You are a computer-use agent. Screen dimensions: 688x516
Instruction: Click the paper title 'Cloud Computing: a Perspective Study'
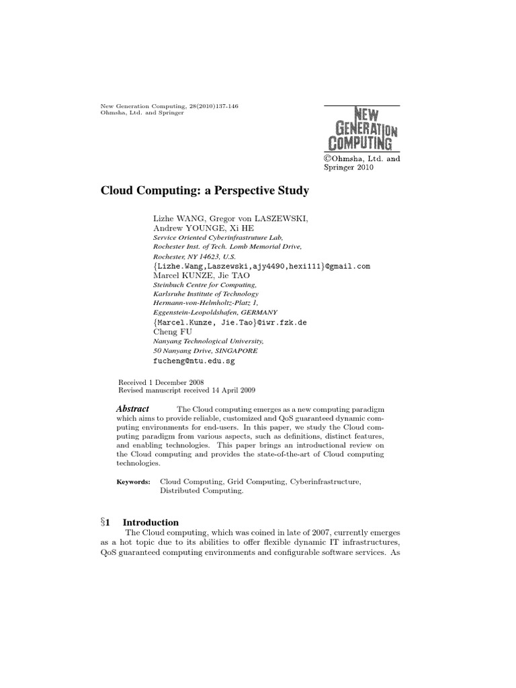pyautogui.click(x=204, y=191)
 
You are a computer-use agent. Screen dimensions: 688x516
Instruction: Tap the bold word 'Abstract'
pyautogui.click(x=132, y=409)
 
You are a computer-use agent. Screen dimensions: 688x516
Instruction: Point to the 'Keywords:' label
pyautogui.click(x=134, y=482)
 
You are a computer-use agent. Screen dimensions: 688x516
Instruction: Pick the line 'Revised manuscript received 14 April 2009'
pyautogui.click(x=187, y=390)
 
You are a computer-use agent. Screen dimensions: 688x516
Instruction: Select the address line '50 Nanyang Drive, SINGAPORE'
pyautogui.click(x=205, y=351)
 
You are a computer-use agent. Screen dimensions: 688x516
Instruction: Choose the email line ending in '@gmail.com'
pyautogui.click(x=261, y=266)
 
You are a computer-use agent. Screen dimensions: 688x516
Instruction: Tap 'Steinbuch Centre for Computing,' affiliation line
pyautogui.click(x=201, y=285)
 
